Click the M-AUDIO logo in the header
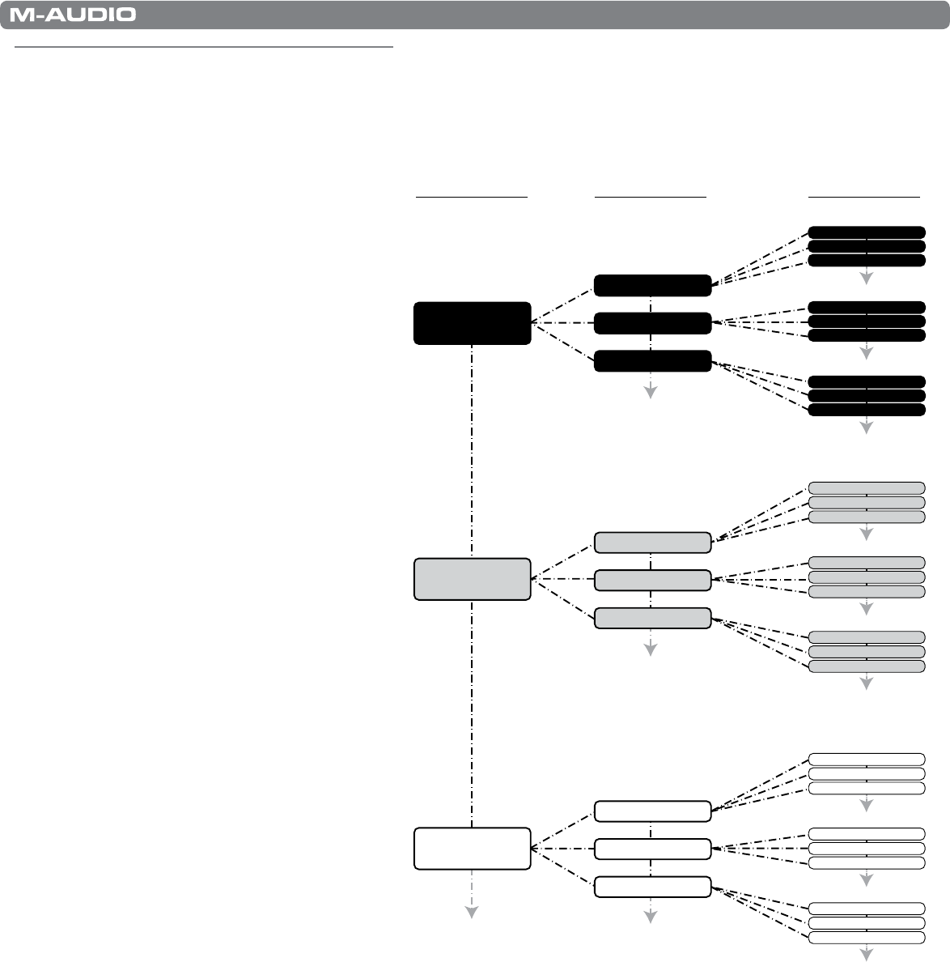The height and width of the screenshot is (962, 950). [x=73, y=15]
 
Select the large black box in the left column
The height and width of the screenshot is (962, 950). [x=472, y=323]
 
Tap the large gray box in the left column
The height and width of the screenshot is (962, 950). [x=472, y=579]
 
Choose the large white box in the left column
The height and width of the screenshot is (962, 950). [x=472, y=848]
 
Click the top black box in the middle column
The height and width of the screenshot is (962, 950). [x=652, y=286]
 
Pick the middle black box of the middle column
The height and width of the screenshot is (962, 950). [x=652, y=323]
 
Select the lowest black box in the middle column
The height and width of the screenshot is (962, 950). [x=652, y=361]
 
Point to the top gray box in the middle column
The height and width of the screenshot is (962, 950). [x=652, y=542]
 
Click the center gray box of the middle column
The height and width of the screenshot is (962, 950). [x=652, y=580]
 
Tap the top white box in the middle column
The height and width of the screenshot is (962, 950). [x=652, y=811]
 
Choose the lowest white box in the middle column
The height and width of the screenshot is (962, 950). [x=652, y=887]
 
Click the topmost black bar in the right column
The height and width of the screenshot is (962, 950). [x=867, y=232]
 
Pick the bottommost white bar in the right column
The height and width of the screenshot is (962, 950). [x=867, y=938]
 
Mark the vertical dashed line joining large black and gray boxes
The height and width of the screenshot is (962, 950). [x=472, y=450]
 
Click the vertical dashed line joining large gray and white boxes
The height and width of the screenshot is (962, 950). [x=472, y=713]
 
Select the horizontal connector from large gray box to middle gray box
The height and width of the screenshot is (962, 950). [x=562, y=579]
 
